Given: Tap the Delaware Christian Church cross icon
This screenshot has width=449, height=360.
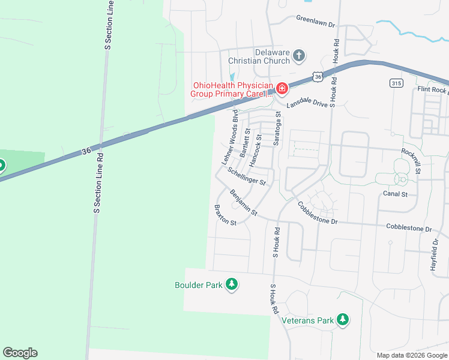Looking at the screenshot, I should [x=299, y=56].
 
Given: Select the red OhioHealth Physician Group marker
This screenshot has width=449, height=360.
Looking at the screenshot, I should [x=282, y=89].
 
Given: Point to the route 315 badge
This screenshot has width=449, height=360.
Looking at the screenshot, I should [x=396, y=83].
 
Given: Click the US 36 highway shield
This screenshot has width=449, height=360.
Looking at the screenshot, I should [x=318, y=76].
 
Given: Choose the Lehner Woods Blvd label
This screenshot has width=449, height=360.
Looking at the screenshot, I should [x=230, y=137].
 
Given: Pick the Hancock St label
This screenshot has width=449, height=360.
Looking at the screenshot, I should [x=256, y=147].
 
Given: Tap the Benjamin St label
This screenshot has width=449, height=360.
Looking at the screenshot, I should [x=244, y=203].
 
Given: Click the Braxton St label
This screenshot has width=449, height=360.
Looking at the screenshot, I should [x=226, y=214].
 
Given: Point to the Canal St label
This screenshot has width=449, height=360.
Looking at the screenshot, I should [x=395, y=194].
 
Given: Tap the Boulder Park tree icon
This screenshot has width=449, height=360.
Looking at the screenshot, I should [x=232, y=284].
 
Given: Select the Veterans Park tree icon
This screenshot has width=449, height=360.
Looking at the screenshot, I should [x=343, y=320].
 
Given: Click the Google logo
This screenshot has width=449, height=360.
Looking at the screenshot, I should [x=20, y=353].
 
